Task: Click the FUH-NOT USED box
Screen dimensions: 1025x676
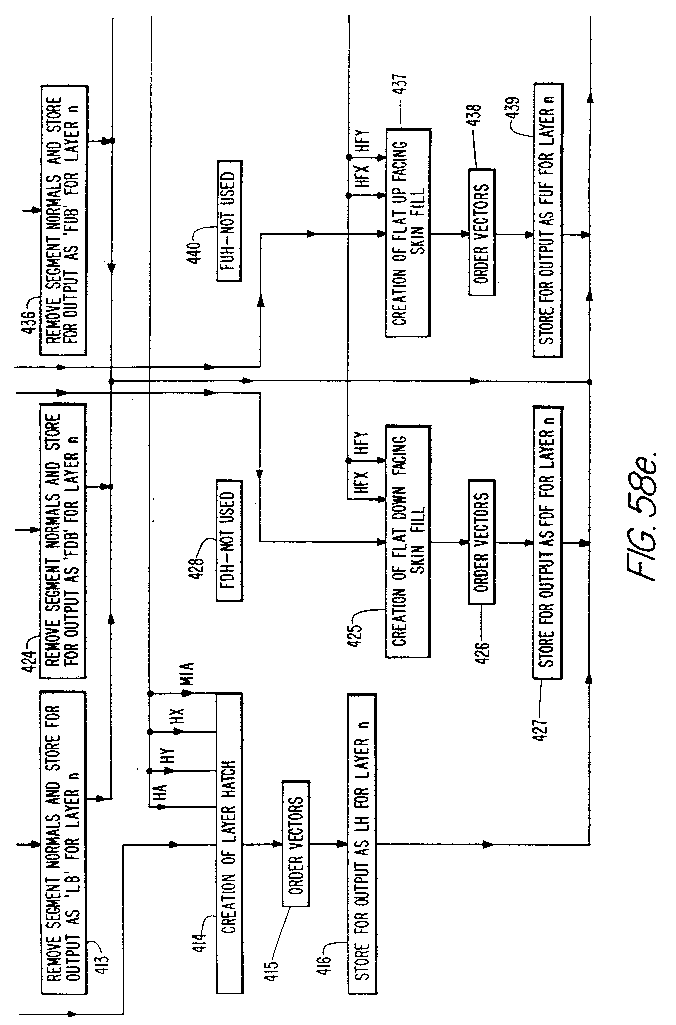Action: pyautogui.click(x=229, y=221)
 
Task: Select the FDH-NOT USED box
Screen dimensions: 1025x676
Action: pyautogui.click(x=229, y=540)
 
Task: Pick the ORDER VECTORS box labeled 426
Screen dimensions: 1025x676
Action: pyautogui.click(x=482, y=542)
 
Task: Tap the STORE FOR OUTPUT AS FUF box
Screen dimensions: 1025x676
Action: pyautogui.click(x=548, y=220)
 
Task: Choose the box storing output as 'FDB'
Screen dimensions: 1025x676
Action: pyautogui.click(x=63, y=541)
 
